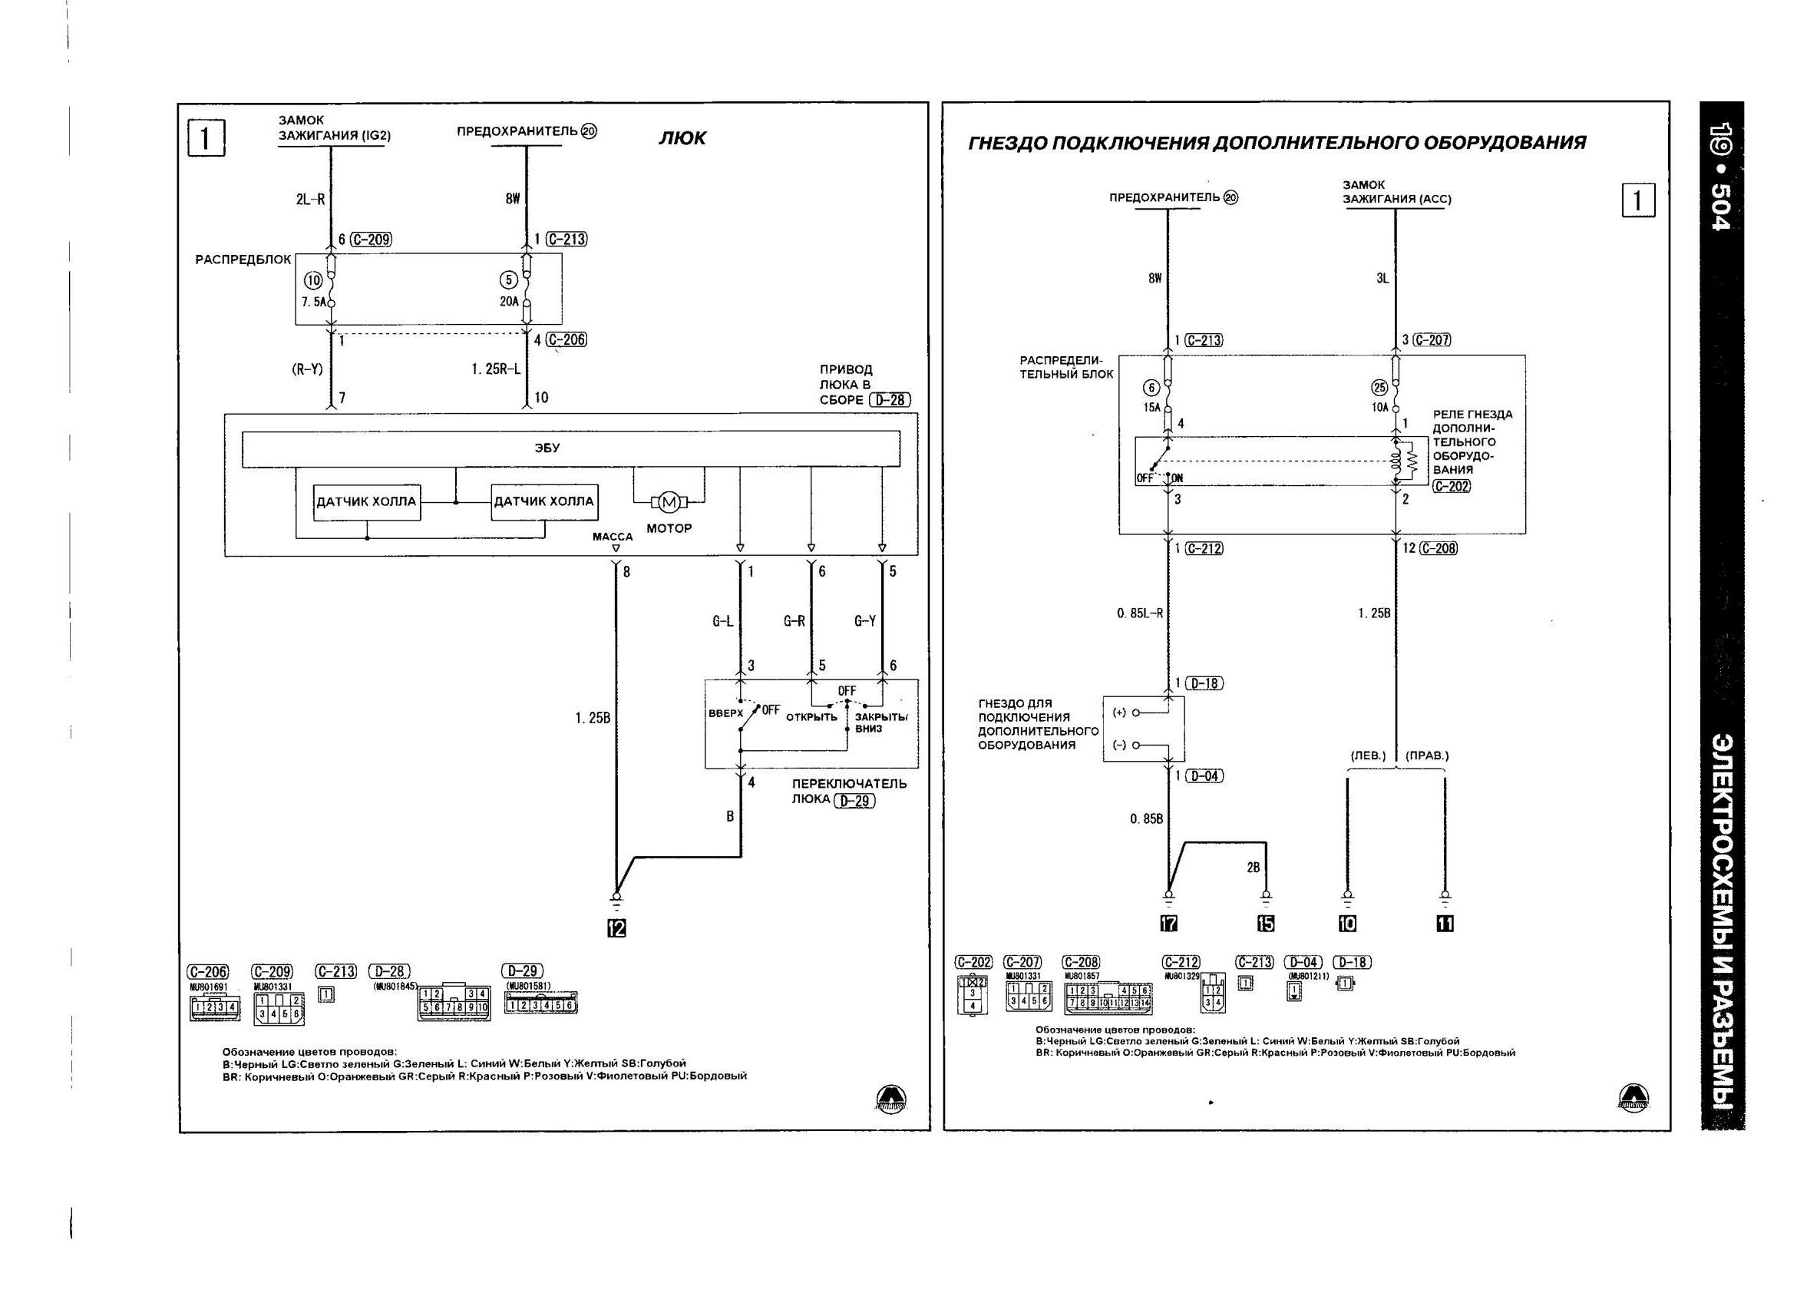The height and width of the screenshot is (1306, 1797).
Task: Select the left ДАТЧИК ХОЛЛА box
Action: [x=366, y=501]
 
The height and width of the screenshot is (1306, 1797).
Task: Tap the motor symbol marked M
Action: [x=669, y=501]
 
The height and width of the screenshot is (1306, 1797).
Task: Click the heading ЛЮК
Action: [x=682, y=139]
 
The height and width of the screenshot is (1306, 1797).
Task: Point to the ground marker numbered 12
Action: [x=616, y=928]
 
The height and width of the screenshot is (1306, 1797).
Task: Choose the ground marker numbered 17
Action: [x=1168, y=923]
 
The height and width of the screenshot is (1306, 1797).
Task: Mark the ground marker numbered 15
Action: [x=1265, y=923]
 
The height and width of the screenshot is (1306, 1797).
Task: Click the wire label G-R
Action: [x=794, y=621]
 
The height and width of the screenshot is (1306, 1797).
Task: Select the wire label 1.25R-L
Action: [x=495, y=369]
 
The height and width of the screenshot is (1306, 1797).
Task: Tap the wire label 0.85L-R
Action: [x=1139, y=613]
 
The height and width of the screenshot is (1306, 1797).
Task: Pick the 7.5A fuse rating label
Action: [x=314, y=302]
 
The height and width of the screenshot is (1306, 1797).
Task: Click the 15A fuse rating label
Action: [x=1151, y=408]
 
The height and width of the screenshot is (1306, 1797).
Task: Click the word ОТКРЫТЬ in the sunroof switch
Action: [x=811, y=717]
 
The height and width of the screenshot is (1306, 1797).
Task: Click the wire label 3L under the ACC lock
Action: [x=1382, y=279]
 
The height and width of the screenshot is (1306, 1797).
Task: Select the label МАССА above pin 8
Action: [x=613, y=537]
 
